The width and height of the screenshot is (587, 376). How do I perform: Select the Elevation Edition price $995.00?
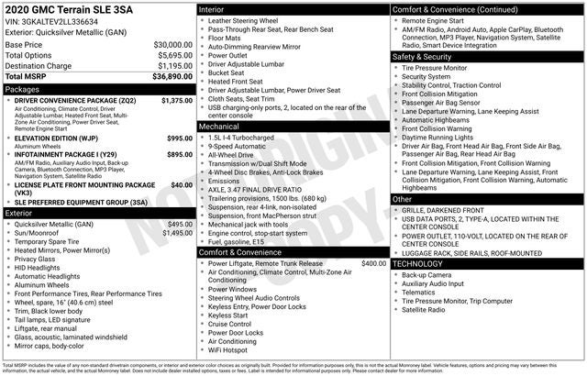pos(180,138)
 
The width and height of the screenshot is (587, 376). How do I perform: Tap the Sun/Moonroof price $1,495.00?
pos(176,233)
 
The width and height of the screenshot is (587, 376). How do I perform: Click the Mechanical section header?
pos(220,126)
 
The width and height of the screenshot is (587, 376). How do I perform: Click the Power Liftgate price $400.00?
pos(373,263)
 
